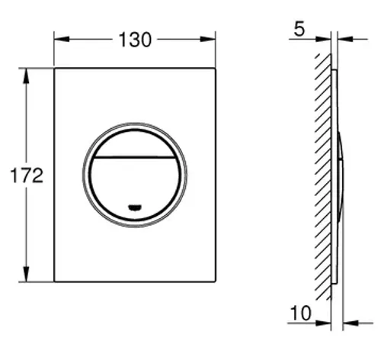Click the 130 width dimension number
(x=135, y=40)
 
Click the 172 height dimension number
(x=27, y=175)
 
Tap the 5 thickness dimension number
(x=299, y=29)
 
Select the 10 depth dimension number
(x=301, y=313)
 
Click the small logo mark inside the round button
(x=135, y=207)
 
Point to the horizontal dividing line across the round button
(x=135, y=157)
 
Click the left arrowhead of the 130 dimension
(x=62, y=39)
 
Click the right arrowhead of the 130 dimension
(x=208, y=39)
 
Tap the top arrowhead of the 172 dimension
(x=26, y=76)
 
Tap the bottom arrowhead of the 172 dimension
(x=26, y=274)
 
